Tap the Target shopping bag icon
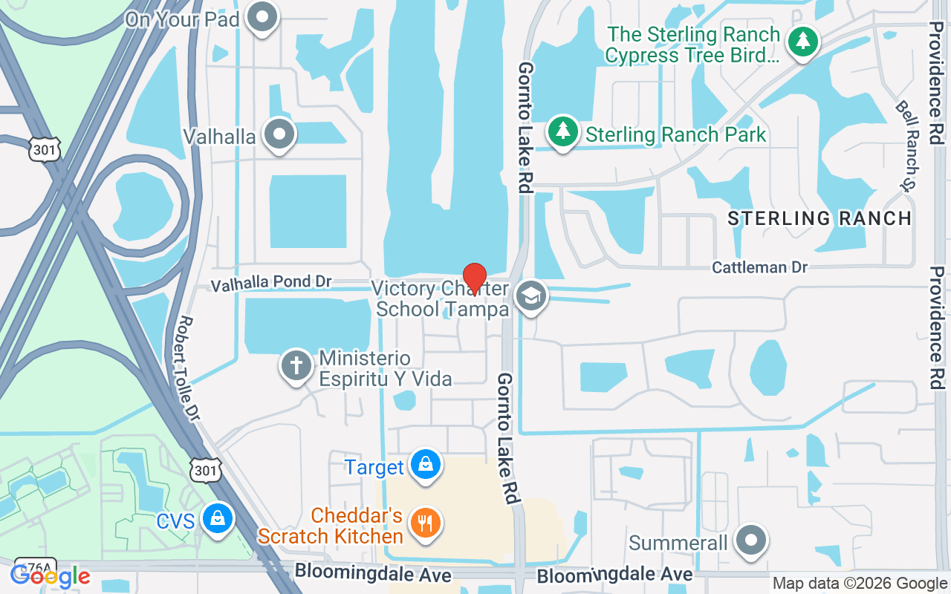[426, 465]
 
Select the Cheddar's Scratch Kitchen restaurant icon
[425, 523]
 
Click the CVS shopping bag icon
[218, 518]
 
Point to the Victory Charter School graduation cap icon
[530, 296]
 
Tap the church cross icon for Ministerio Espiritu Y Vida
[296, 365]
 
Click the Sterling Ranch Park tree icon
[563, 132]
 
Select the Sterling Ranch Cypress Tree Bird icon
[802, 41]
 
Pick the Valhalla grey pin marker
[280, 135]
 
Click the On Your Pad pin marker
[262, 18]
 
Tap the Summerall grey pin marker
[751, 541]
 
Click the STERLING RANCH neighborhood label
[819, 218]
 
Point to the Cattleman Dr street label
[759, 267]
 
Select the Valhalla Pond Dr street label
[270, 284]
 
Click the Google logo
[50, 575]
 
